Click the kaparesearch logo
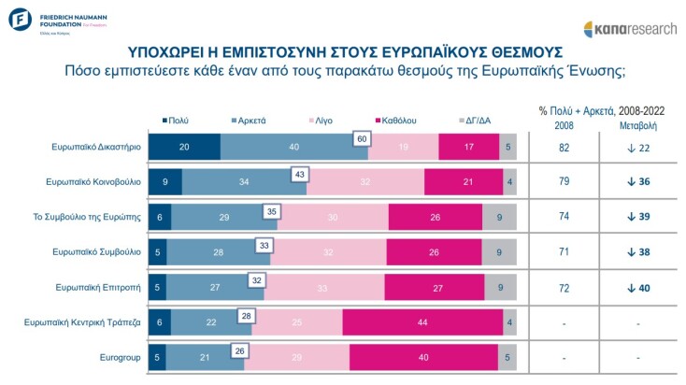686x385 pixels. coord(630,28)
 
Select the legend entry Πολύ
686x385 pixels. coord(175,121)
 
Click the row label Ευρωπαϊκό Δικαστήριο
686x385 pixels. coord(97,147)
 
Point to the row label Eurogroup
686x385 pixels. coord(120,357)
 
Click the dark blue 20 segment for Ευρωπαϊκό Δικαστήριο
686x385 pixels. coord(185,147)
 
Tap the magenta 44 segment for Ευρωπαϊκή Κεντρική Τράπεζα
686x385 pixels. coord(423,322)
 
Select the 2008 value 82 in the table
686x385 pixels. coord(564,147)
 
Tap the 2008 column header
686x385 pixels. coord(564,124)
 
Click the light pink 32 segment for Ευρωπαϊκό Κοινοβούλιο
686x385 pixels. coord(364,182)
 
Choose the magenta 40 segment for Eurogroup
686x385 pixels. coord(423,357)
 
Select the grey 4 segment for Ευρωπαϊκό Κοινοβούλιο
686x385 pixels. coord(508,182)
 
